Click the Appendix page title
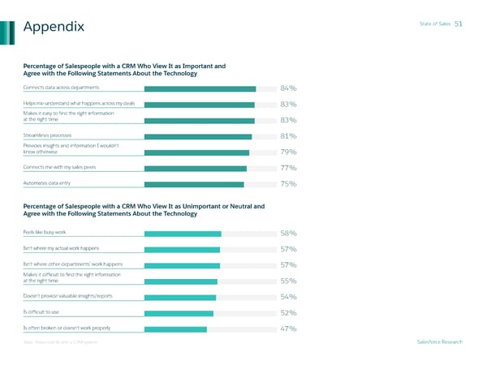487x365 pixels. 54,28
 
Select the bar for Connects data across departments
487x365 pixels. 200,89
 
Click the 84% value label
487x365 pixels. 287,89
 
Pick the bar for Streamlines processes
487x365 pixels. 198,137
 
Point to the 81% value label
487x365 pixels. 287,137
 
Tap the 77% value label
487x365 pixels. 287,169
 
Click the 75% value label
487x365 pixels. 287,185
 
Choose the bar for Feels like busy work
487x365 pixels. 182,234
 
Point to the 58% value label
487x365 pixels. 287,234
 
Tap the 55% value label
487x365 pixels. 287,281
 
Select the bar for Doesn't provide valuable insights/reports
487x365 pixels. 179,298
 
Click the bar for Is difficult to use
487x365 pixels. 178,313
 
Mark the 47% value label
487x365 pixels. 287,329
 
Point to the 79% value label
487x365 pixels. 287,152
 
